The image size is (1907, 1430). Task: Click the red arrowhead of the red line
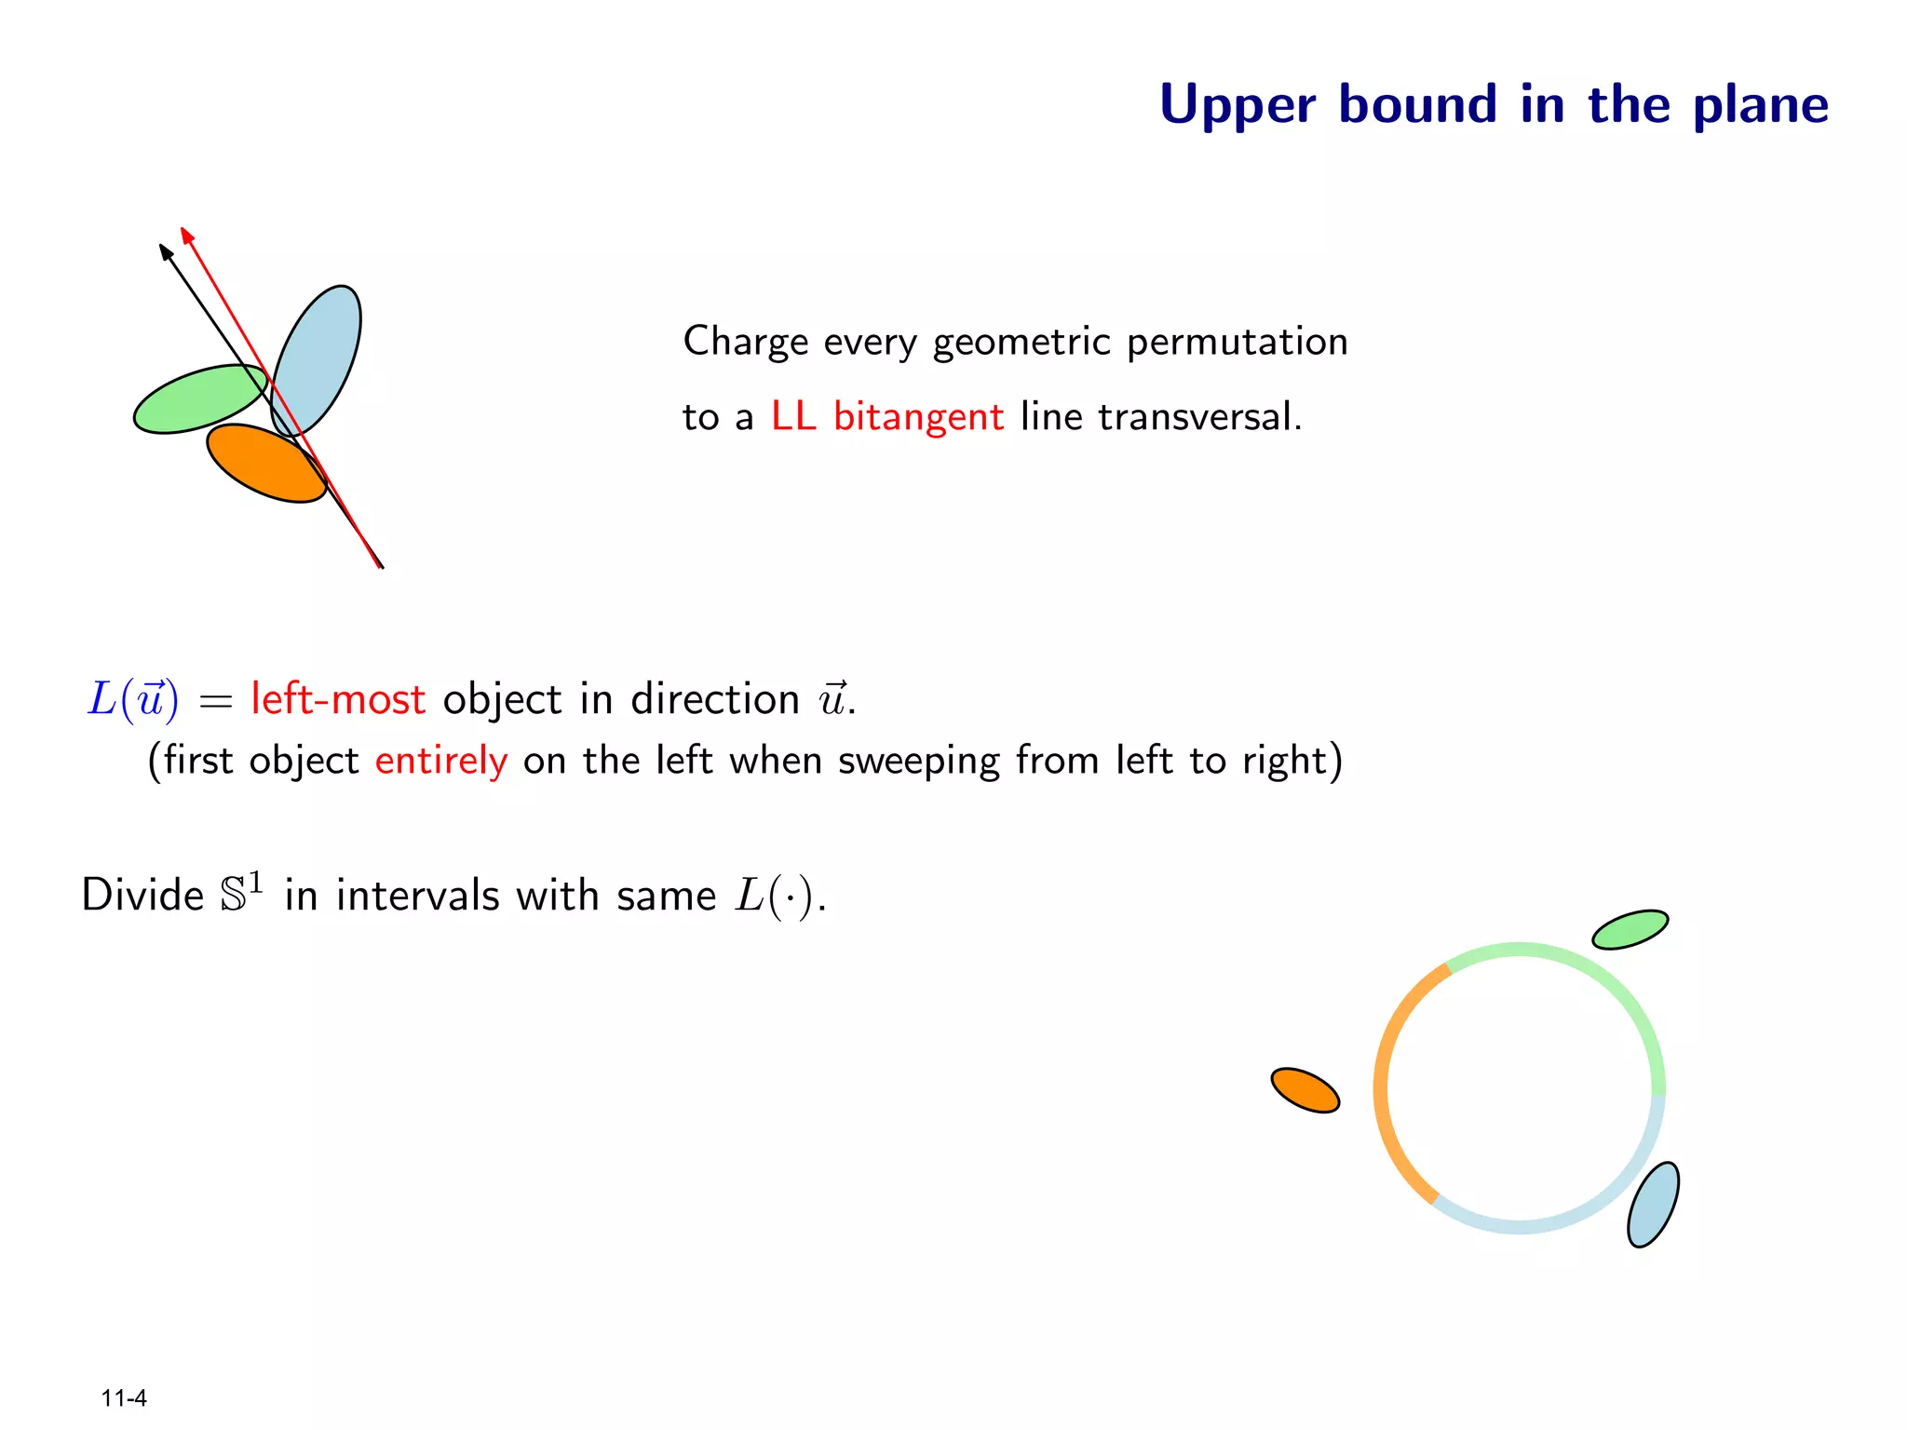[186, 235]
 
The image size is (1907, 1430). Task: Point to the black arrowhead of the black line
[165, 251]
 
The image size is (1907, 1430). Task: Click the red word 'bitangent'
[918, 416]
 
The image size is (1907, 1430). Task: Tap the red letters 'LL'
[792, 416]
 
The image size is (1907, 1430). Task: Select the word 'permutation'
[1237, 342]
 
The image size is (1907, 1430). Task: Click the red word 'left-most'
[337, 699]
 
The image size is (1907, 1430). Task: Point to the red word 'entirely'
[440, 761]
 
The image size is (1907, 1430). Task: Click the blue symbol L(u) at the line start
[132, 699]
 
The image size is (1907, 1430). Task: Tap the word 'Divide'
[142, 896]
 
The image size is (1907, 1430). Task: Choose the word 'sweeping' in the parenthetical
[918, 761]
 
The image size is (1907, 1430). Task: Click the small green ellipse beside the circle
[1630, 929]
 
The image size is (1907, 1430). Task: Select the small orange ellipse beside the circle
[1305, 1089]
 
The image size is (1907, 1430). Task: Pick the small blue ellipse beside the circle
[1653, 1204]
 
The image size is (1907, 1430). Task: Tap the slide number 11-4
[124, 1398]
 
